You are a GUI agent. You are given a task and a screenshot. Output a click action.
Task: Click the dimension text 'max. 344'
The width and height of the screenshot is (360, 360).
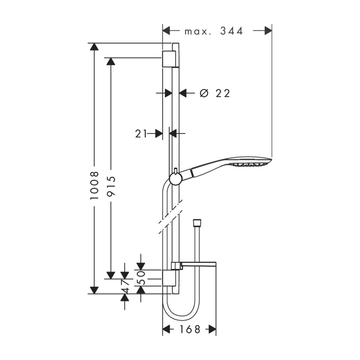click(214, 31)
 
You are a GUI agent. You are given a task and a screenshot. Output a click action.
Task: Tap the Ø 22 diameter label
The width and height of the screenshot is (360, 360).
click(215, 93)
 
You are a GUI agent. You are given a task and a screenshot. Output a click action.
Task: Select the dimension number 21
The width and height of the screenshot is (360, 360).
click(141, 134)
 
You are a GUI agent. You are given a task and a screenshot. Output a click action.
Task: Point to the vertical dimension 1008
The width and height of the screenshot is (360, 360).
click(94, 185)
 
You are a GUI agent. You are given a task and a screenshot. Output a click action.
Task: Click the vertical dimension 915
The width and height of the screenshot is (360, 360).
click(111, 186)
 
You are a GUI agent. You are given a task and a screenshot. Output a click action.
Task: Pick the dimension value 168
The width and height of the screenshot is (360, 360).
click(190, 329)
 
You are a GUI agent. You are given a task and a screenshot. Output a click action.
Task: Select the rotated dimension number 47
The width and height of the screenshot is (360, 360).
click(125, 286)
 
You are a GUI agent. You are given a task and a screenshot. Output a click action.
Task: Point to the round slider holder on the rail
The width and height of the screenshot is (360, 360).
click(176, 179)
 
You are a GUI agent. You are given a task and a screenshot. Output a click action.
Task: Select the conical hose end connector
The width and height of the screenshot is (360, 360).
click(197, 222)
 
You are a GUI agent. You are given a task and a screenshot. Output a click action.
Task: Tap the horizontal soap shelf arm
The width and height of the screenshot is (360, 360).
click(199, 264)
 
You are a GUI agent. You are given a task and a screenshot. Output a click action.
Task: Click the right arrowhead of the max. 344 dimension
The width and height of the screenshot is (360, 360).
click(268, 30)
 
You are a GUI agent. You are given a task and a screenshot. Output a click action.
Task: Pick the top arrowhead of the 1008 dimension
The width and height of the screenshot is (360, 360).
click(94, 47)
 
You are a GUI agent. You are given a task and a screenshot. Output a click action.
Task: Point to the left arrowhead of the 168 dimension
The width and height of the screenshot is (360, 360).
click(166, 329)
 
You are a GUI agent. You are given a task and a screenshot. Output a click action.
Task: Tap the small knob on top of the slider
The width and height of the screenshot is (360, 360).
click(176, 171)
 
